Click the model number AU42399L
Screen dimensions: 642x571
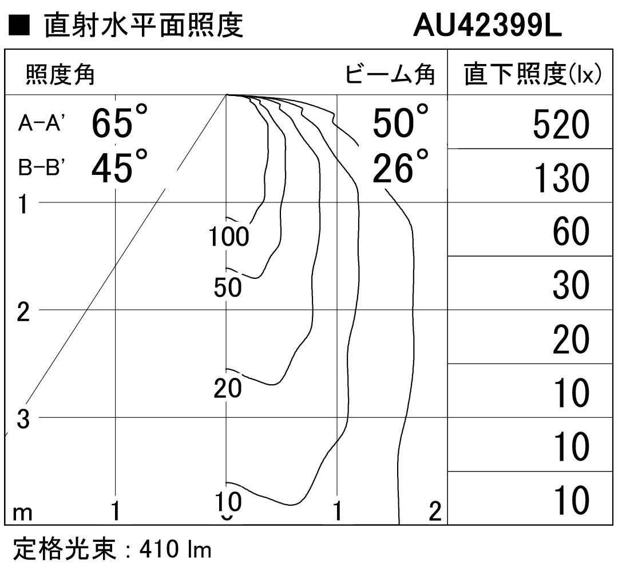(488, 25)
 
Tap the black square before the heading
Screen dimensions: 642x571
(19, 26)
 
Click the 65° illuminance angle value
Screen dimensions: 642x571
(119, 121)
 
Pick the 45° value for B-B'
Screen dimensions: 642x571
(119, 166)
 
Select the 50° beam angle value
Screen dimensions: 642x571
(401, 121)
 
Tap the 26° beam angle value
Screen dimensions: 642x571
(401, 166)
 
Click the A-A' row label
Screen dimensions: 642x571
(41, 122)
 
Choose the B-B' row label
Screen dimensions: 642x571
(41, 167)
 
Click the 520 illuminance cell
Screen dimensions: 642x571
(561, 125)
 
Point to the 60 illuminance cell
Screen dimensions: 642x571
(571, 231)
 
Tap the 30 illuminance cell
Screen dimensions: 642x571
(571, 285)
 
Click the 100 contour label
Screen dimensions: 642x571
(228, 237)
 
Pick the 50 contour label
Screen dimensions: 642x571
(228, 287)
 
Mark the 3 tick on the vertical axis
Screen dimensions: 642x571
(23, 420)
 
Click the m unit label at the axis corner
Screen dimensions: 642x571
(22, 513)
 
